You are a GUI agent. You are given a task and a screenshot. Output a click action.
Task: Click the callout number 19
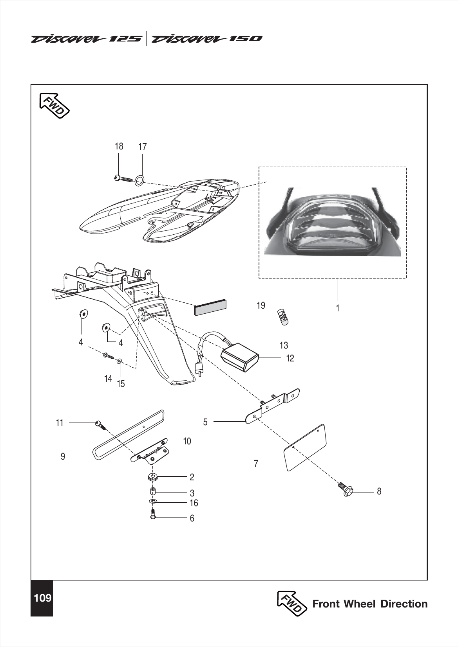coord(261,306)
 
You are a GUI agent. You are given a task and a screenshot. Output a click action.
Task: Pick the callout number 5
coord(205,422)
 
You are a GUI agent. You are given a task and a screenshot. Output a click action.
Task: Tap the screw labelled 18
coord(123,179)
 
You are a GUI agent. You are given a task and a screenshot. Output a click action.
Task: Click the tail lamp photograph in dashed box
coord(333,222)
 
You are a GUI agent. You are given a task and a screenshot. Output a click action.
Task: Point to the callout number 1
coord(337,308)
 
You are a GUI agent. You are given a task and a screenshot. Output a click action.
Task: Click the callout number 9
coord(63,456)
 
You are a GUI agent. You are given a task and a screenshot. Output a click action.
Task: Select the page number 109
coord(43,598)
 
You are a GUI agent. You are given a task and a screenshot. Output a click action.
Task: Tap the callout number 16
coord(194,503)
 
